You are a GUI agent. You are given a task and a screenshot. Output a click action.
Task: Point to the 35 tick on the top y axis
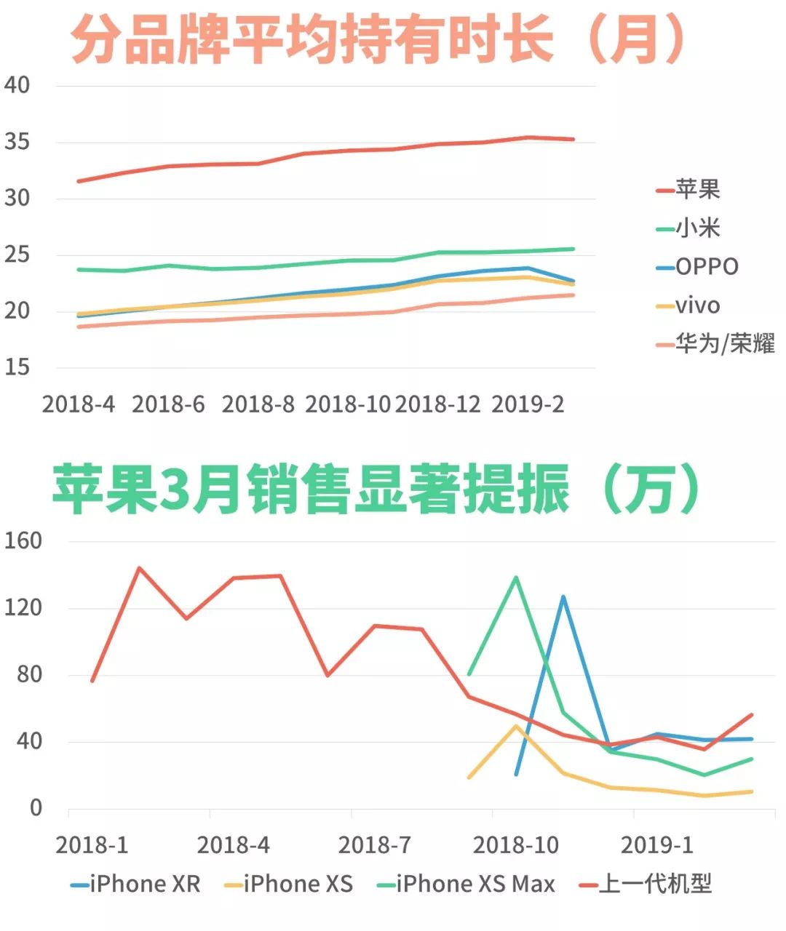tap(17, 142)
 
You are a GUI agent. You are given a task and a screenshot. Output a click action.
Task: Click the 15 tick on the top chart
tap(17, 367)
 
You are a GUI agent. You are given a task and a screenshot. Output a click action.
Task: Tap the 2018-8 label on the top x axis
tap(258, 404)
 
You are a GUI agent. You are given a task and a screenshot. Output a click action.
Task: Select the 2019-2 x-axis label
tap(528, 404)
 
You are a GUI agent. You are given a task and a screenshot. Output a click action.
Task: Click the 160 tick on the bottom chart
tap(23, 540)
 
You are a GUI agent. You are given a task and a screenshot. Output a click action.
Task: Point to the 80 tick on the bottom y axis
tap(29, 674)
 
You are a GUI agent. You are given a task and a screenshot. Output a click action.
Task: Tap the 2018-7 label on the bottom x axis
tap(374, 845)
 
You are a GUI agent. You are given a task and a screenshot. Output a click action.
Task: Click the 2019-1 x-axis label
tap(656, 845)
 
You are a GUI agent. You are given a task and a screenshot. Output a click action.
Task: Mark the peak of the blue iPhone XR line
tap(563, 597)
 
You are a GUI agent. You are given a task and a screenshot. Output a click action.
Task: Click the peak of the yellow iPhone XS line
tap(516, 725)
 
